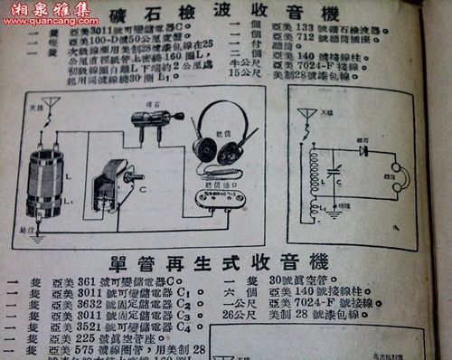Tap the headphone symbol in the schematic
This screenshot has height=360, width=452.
(394, 176)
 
